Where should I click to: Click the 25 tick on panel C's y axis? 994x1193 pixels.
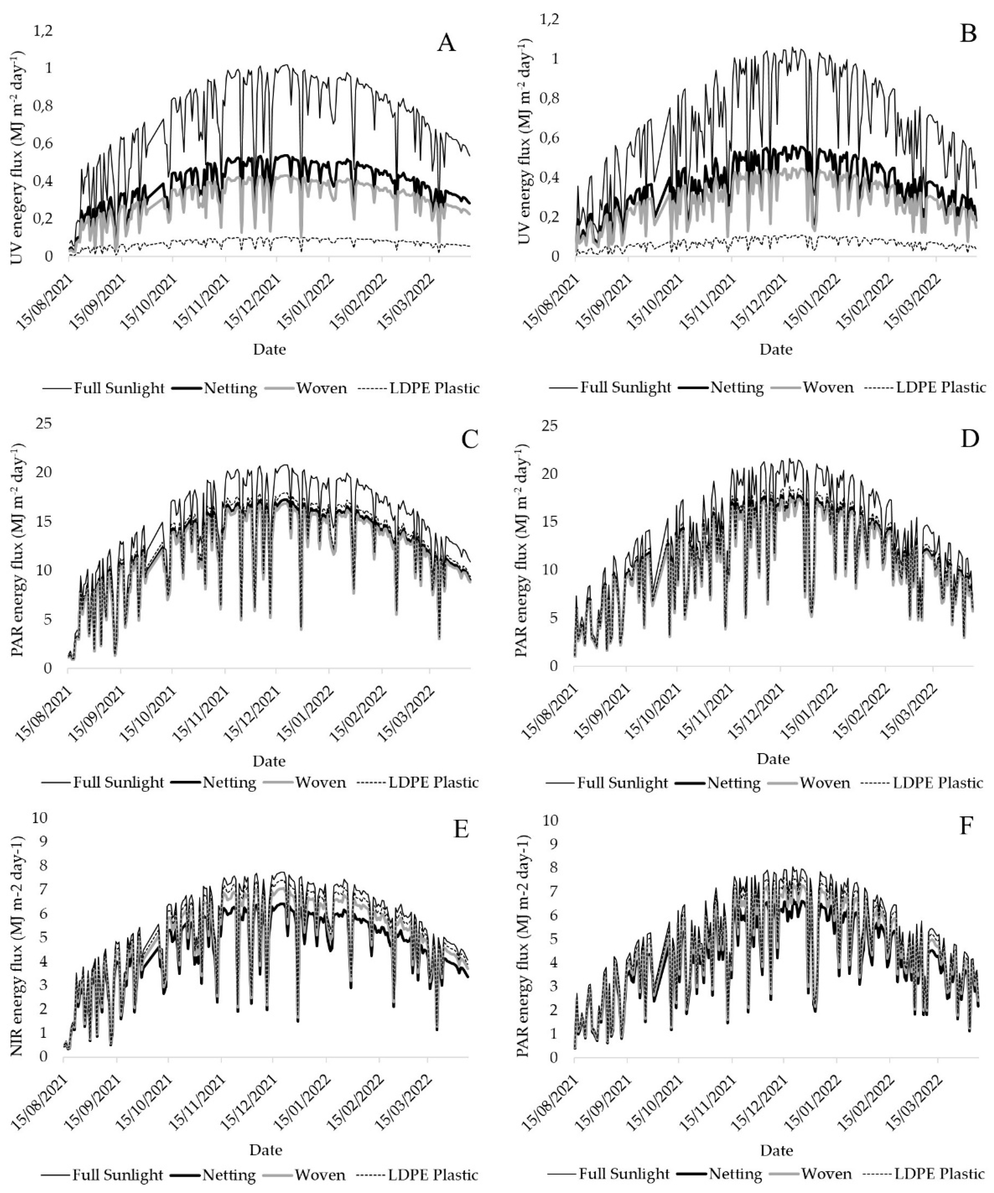coord(44,423)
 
